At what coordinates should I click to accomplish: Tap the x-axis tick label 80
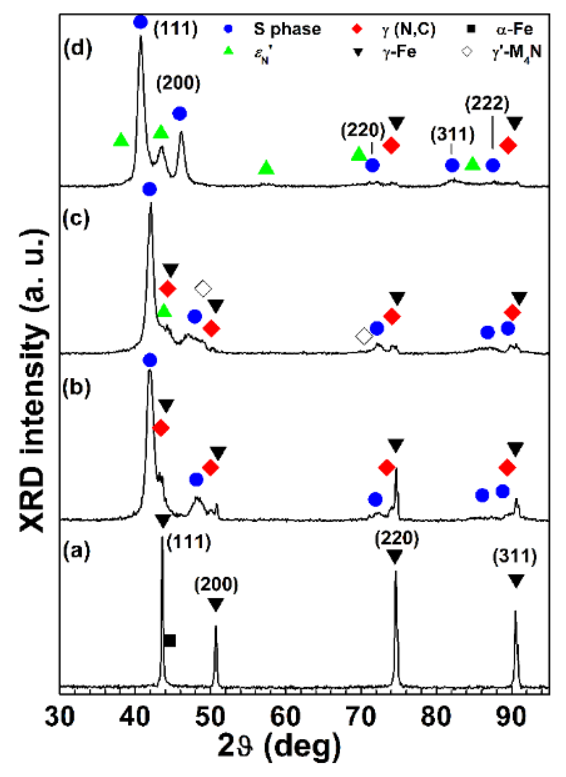click(436, 716)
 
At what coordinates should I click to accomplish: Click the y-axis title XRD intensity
click(34, 381)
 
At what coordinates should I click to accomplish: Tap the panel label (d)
click(78, 49)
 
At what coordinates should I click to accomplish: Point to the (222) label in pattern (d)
click(487, 104)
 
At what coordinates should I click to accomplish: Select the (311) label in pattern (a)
click(515, 556)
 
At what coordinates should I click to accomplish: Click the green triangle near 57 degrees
click(266, 168)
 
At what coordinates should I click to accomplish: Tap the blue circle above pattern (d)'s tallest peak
click(141, 22)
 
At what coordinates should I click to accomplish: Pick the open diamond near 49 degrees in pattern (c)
click(203, 289)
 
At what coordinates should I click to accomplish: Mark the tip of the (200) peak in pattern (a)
click(216, 626)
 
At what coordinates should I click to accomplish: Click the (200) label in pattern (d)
click(178, 83)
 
